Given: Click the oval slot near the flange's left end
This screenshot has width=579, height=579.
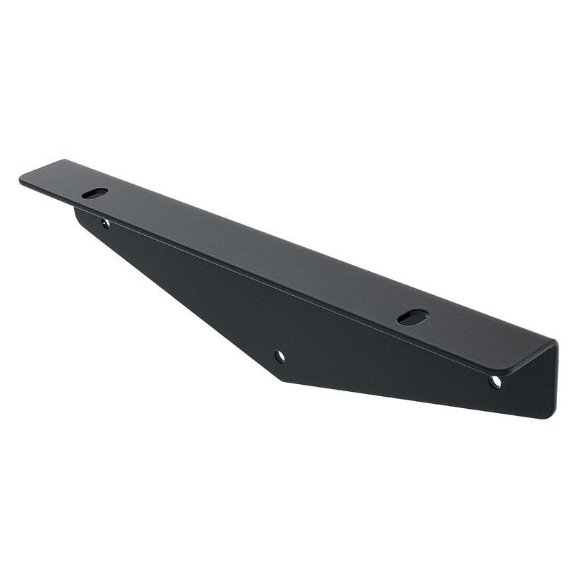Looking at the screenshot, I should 95,193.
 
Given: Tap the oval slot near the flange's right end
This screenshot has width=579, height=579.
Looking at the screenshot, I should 413,317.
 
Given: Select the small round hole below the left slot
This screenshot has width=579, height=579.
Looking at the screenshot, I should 105,223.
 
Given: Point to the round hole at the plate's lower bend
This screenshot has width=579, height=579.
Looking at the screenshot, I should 280,356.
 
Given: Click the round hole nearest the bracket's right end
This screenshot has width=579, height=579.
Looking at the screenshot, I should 495,381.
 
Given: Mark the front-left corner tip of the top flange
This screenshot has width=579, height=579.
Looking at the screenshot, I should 21,179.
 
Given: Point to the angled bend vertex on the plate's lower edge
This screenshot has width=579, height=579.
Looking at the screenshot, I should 283,381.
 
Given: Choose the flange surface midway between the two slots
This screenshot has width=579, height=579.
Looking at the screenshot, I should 254,255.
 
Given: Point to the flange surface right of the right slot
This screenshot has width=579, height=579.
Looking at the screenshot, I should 480,335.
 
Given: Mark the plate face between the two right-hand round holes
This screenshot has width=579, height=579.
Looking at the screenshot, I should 388,367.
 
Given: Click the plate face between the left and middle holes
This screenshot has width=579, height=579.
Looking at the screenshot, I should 191,282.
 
